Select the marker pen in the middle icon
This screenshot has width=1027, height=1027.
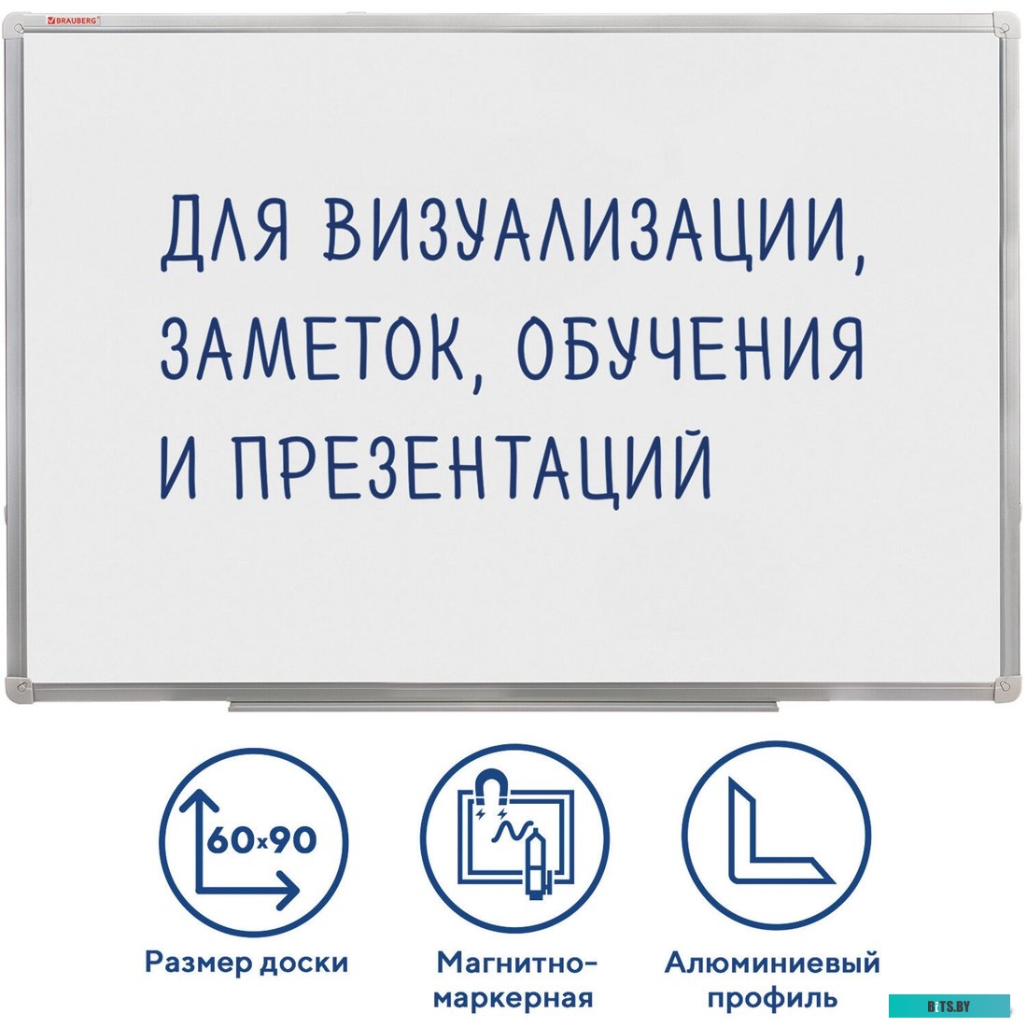point(539,864)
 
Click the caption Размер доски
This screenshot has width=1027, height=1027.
point(246,963)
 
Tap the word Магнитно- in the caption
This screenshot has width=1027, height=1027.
point(516,962)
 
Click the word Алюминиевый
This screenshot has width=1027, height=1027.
point(772,963)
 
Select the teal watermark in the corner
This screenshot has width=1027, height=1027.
point(949,1006)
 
